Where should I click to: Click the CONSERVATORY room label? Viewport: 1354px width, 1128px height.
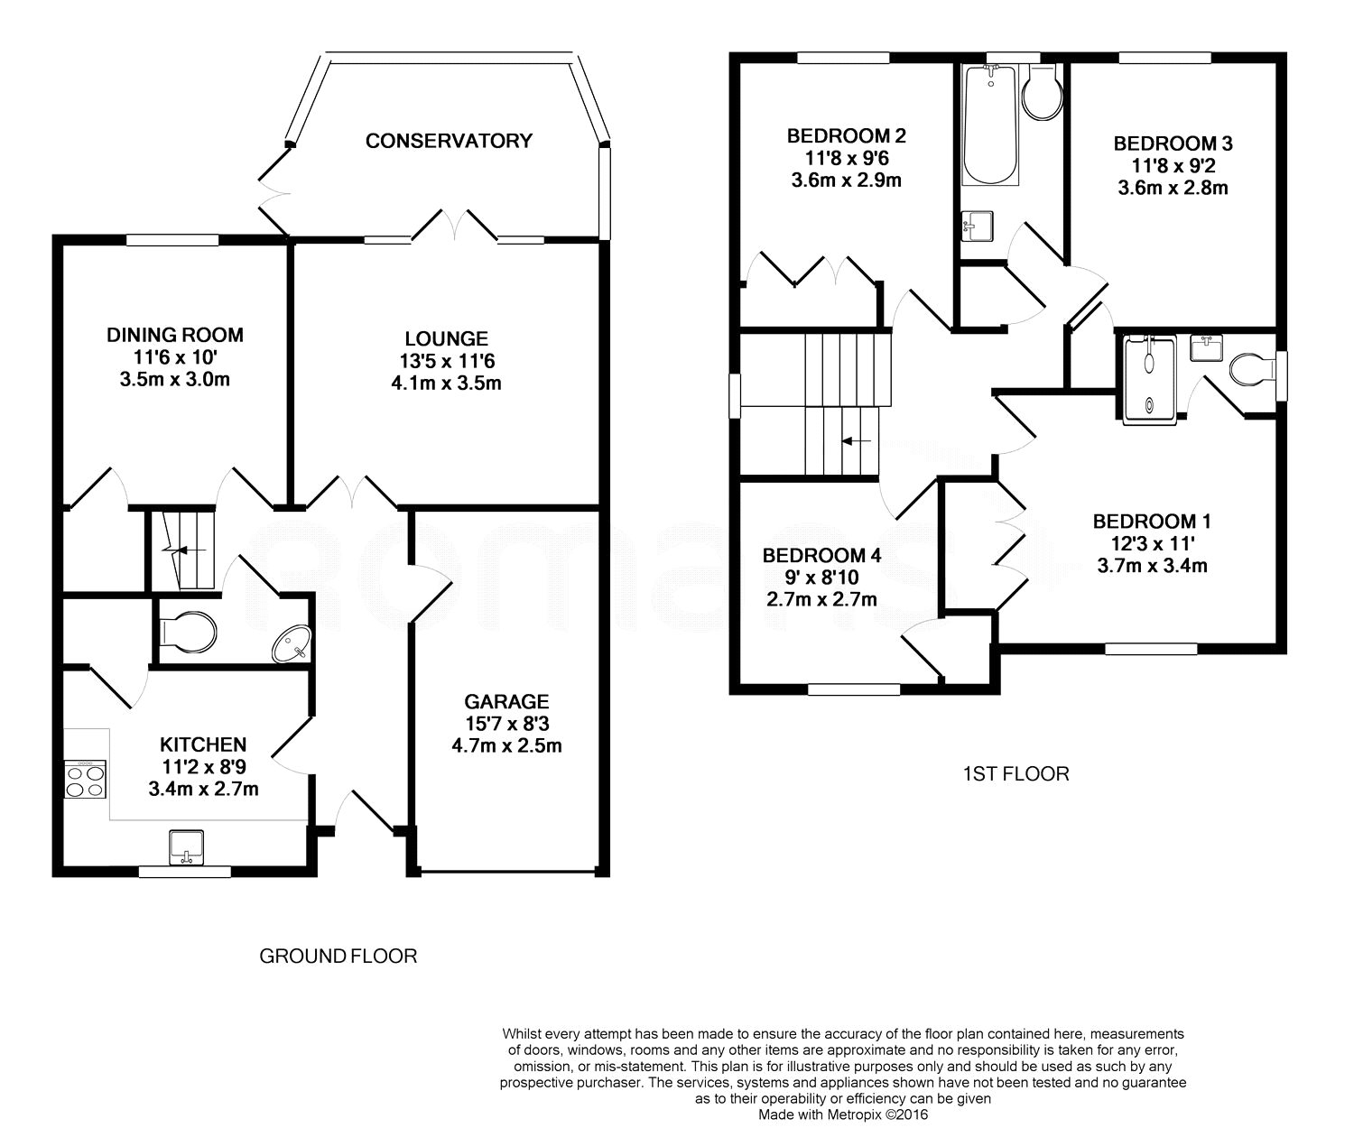coord(449,141)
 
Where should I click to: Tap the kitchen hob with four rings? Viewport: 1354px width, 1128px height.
coord(85,779)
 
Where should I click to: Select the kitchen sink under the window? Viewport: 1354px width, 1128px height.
coord(187,846)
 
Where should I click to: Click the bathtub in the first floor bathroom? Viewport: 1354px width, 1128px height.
coord(990,125)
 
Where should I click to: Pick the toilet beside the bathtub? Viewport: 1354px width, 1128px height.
coord(1043,93)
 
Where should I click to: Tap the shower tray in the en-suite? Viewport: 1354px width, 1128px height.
coord(1149,379)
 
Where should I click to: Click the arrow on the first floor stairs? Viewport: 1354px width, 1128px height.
coord(856,441)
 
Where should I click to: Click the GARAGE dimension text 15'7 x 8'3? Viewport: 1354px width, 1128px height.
coord(506,724)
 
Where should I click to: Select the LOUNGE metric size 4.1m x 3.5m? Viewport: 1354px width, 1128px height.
coord(446,383)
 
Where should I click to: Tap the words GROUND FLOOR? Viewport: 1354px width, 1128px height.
coord(338,956)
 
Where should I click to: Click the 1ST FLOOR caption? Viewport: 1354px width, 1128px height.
coord(1015,773)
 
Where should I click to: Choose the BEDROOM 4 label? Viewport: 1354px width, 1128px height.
coord(821,555)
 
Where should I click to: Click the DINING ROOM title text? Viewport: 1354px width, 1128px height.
coord(175,336)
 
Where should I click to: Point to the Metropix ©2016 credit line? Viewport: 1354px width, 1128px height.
coord(843,1114)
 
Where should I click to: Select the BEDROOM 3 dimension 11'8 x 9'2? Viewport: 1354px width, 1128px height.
coord(1172,166)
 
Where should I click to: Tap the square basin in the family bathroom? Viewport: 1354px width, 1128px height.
coord(978,224)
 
